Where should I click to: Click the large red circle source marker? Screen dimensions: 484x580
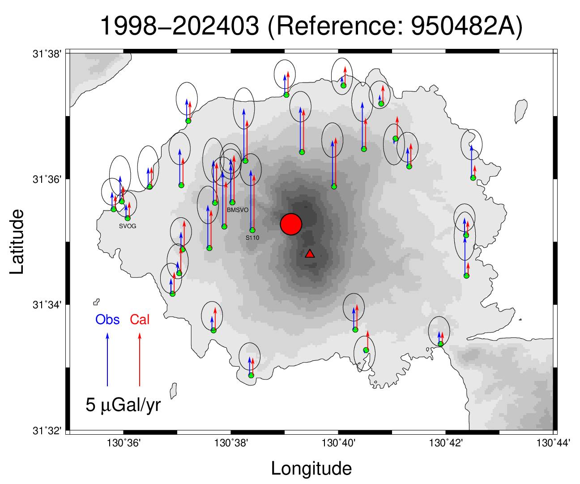(x=291, y=224)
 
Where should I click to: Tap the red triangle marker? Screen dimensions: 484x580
(x=310, y=254)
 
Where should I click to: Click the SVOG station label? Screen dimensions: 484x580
(x=128, y=226)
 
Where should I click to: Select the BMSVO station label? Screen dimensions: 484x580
(x=238, y=210)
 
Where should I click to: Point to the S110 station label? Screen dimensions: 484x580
(x=252, y=238)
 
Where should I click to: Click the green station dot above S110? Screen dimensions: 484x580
(x=252, y=230)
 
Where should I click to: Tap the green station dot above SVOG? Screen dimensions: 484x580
(x=128, y=218)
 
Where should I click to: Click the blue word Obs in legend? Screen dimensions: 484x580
(x=107, y=320)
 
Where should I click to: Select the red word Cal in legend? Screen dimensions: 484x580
(x=140, y=320)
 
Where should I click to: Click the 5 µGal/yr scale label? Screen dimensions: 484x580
(x=123, y=405)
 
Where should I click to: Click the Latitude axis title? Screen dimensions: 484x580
(x=17, y=242)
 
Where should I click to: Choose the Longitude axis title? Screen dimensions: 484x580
(x=311, y=469)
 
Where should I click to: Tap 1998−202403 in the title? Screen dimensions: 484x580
(x=179, y=26)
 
